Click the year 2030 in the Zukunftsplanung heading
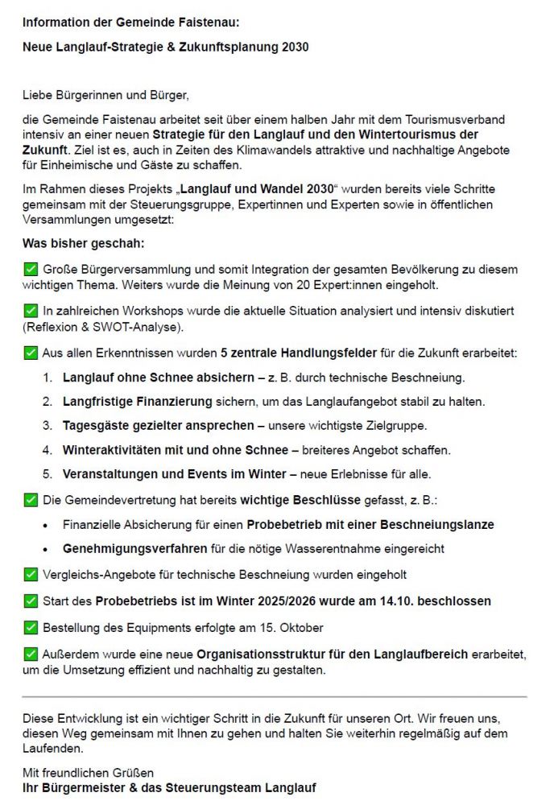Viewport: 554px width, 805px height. click(294, 47)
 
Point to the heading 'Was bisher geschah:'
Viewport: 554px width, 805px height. click(84, 243)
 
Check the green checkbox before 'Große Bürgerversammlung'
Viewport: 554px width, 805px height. click(31, 270)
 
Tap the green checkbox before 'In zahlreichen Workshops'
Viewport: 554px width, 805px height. click(31, 311)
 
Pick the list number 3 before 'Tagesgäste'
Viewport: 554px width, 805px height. click(48, 425)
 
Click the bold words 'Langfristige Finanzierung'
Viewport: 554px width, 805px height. click(137, 401)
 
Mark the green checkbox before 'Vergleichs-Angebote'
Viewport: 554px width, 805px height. click(31, 575)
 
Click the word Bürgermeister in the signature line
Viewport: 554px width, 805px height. click(82, 787)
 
